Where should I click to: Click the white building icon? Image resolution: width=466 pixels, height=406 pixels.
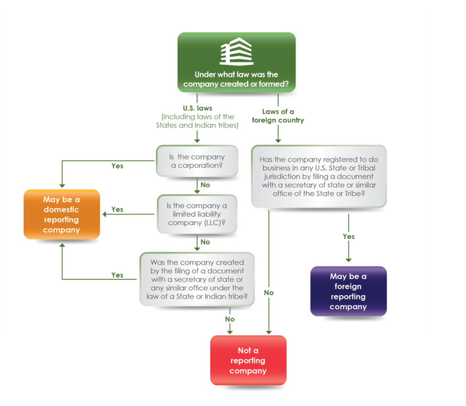point(236,52)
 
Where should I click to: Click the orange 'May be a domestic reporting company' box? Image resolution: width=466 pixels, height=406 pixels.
point(62,214)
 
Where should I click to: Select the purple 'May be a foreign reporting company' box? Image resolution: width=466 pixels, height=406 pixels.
point(348,291)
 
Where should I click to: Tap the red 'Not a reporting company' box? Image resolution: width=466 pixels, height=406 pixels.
point(248,361)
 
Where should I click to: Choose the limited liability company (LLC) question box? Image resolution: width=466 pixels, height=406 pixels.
point(196,214)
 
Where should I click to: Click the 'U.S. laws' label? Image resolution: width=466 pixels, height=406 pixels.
point(197,108)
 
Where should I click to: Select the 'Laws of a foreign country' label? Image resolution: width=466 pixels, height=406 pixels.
point(278,116)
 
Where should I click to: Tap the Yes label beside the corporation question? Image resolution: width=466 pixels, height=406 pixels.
point(117,166)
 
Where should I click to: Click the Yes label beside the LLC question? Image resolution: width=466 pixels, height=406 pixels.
point(117,209)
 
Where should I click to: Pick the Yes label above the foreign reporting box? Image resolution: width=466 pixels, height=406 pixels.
point(348,236)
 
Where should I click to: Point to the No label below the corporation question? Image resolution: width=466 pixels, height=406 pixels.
point(205,185)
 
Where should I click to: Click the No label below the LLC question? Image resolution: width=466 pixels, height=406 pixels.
point(205,242)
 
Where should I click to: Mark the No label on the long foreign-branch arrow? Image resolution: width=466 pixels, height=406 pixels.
point(269,292)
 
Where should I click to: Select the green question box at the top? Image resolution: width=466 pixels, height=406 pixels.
point(236,62)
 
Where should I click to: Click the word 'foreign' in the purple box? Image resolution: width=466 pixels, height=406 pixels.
point(348,287)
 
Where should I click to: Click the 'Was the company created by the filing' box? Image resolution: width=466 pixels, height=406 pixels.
point(197,279)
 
